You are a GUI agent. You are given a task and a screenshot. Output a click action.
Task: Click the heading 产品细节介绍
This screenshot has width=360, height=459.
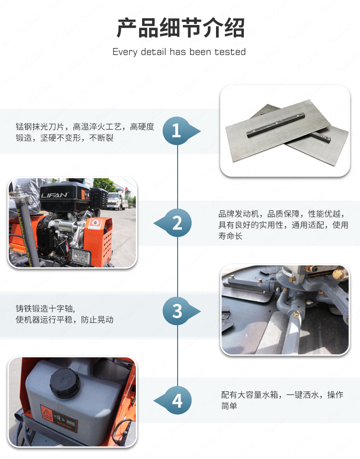[x=180, y=28]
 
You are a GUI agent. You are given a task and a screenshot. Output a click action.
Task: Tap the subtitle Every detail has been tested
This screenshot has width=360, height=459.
[x=179, y=52]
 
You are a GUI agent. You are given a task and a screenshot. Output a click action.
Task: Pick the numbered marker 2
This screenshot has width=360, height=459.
[x=177, y=223]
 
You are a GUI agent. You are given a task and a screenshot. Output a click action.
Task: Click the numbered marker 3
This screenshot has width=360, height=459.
[x=177, y=311]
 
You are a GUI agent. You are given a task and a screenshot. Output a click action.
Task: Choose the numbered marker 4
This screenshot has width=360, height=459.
[x=177, y=400]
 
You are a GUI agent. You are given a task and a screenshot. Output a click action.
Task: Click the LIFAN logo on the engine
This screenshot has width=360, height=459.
[x=54, y=195]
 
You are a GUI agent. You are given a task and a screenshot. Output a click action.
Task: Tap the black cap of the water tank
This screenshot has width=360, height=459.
[x=65, y=383]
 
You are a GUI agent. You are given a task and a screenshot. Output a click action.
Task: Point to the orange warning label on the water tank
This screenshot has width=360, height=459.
[x=59, y=419]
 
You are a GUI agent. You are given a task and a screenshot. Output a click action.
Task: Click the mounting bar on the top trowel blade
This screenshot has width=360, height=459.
[x=276, y=125]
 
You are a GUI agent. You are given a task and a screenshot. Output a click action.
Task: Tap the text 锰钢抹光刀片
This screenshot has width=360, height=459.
[x=40, y=127]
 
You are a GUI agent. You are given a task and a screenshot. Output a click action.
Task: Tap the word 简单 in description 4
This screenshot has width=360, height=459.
[x=229, y=406]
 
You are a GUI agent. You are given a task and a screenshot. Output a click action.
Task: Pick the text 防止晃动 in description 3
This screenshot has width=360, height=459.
[x=97, y=320]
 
